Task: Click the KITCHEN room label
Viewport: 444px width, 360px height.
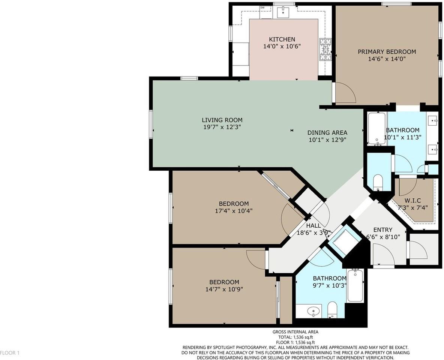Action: pyautogui.click(x=282, y=39)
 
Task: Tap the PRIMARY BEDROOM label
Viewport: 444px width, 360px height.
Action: pyautogui.click(x=387, y=52)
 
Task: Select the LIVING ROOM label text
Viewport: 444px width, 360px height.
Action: pyautogui.click(x=222, y=120)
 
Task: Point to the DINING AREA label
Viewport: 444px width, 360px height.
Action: pyautogui.click(x=327, y=132)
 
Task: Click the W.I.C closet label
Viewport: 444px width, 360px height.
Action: pyautogui.click(x=412, y=201)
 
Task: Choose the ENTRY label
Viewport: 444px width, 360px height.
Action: pyautogui.click(x=383, y=230)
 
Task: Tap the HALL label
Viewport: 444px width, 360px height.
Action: pyautogui.click(x=313, y=226)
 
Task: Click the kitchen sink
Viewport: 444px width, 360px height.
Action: pyautogui.click(x=283, y=12)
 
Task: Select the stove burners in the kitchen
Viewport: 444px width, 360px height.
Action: pyautogui.click(x=325, y=49)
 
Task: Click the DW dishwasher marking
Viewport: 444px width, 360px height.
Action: pyautogui.click(x=262, y=7)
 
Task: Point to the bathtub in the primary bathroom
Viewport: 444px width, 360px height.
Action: pyautogui.click(x=376, y=129)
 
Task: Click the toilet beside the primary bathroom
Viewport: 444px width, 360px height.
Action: pyautogui.click(x=378, y=183)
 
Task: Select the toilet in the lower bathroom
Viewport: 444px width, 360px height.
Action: pyautogui.click(x=332, y=310)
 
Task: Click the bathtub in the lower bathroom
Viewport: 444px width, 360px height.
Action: pyautogui.click(x=355, y=285)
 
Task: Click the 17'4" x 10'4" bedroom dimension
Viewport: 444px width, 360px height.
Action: pyautogui.click(x=234, y=211)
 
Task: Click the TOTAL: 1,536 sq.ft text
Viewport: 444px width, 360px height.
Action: pyautogui.click(x=295, y=337)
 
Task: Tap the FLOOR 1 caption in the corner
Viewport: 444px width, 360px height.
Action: pyautogui.click(x=10, y=353)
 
